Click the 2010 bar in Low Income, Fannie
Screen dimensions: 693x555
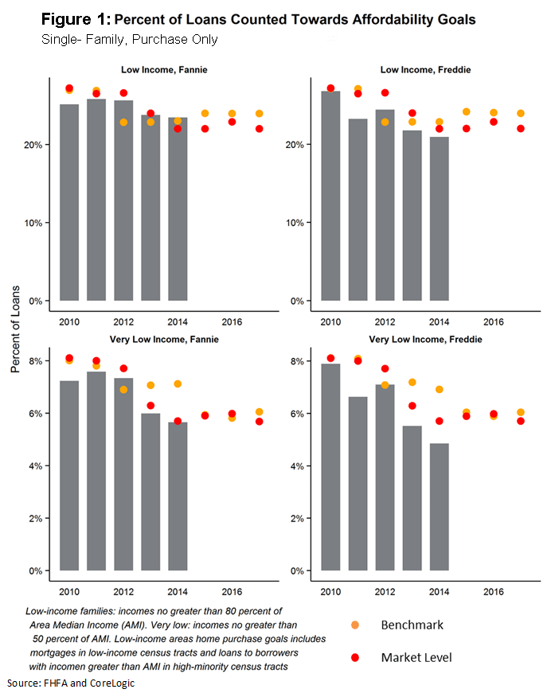tap(69, 202)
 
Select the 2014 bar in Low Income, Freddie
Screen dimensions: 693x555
tap(440, 219)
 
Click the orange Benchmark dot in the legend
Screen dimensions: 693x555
tap(355, 625)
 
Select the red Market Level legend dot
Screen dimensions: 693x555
tap(355, 657)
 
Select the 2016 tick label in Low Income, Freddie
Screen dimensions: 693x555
tap(493, 322)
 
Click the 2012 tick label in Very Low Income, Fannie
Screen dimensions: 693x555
tap(123, 592)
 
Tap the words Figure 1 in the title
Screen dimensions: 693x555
tap(76, 18)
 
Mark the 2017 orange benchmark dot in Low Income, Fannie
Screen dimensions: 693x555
tap(259, 114)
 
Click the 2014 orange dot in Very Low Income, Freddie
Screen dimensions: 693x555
tap(439, 390)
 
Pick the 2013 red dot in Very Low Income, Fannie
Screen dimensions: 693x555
tap(150, 406)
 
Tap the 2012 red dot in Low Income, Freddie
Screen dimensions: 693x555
tap(385, 93)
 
